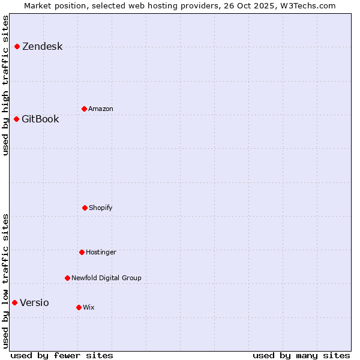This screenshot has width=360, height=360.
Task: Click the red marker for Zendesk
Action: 17,46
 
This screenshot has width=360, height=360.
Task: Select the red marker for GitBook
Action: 16,119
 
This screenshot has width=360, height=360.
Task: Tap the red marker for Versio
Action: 14,302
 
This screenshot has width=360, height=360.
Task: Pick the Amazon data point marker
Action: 84,109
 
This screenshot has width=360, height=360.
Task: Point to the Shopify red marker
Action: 85,208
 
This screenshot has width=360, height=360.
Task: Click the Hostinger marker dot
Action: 82,252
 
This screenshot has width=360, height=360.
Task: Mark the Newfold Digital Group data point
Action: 67,278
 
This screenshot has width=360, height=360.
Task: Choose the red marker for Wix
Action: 79,307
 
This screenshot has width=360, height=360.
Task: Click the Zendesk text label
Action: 42,47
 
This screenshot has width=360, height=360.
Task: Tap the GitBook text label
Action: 40,119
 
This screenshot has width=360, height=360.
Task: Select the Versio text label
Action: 34,302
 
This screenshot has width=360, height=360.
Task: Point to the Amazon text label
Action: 101,109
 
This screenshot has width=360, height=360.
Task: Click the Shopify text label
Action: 101,208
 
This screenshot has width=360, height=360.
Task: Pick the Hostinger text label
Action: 101,252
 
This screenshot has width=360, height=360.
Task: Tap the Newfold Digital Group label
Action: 106,278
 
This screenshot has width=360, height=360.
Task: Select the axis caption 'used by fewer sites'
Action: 62,355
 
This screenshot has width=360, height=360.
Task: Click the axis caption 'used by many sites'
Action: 301,355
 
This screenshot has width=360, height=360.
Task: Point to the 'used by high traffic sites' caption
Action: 6,85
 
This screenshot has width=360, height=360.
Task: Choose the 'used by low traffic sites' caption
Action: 6,280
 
